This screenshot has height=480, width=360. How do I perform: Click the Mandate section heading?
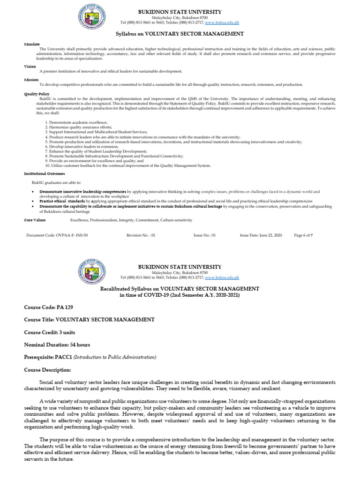click(32, 44)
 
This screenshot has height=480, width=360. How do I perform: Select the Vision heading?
click(30, 67)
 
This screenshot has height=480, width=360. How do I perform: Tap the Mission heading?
click(31, 80)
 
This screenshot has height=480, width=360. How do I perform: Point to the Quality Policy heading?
click(36, 94)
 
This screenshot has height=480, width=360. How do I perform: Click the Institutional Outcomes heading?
click(44, 173)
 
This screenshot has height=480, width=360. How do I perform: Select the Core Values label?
click(35, 220)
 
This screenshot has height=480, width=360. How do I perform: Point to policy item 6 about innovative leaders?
click(82, 147)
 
